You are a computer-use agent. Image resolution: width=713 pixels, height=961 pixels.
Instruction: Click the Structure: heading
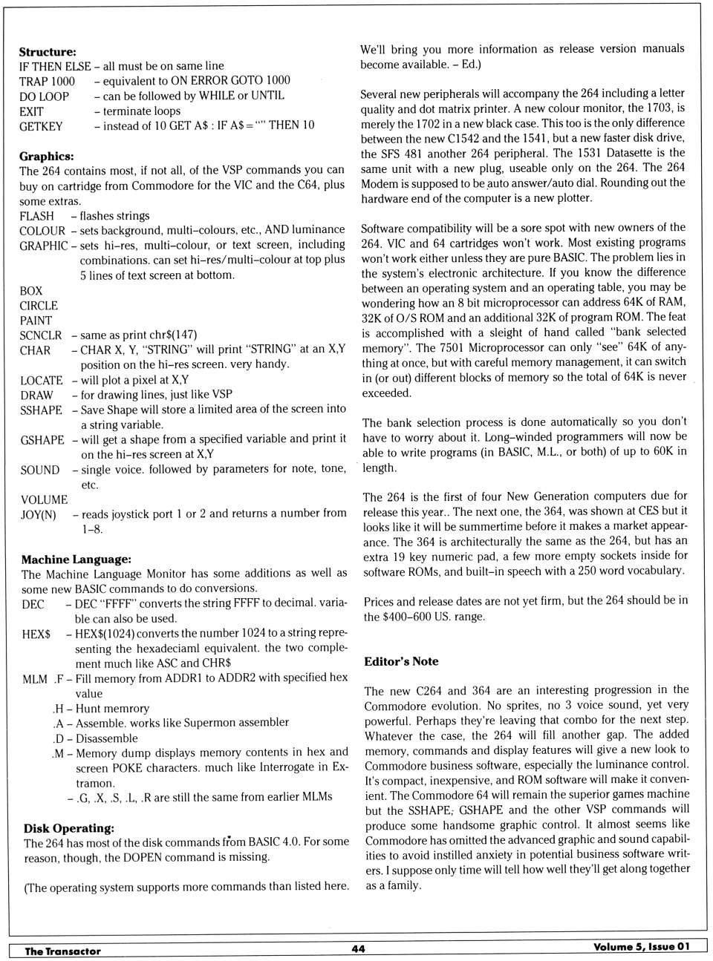coord(48,52)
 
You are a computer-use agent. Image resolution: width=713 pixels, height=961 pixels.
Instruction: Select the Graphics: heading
coord(47,157)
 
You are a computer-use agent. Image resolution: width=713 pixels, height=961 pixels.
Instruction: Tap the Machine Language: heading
coord(76,560)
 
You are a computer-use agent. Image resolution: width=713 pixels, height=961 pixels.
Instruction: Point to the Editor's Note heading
coord(401,661)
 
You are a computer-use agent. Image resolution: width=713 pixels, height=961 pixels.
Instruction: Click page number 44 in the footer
coord(358,949)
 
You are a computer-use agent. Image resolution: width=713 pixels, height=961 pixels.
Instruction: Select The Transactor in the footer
coord(62,951)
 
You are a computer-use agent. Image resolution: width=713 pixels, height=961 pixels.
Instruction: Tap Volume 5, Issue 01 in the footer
coord(641,947)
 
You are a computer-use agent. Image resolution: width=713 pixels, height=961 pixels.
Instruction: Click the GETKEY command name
coord(41,126)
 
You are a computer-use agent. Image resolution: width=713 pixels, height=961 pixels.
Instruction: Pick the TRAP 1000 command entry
coord(47,81)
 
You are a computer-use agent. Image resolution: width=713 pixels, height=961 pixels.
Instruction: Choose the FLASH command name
coord(37,216)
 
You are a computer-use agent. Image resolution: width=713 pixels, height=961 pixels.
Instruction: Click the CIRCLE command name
coord(39,306)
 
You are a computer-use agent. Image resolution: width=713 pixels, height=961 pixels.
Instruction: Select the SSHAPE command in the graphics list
coord(42,410)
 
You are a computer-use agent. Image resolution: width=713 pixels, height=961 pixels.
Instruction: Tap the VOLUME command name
coord(44,499)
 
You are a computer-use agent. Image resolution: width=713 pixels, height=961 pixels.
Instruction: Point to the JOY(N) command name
coord(39,514)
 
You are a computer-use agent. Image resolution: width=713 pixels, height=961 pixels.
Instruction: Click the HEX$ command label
coord(36,634)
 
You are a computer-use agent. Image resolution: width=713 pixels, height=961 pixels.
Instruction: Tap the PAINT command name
coord(36,321)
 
